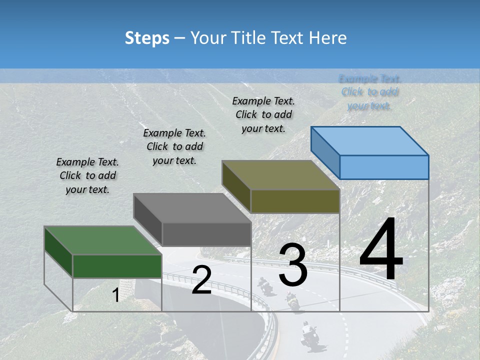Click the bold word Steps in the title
[x=147, y=38]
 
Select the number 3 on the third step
[x=293, y=264]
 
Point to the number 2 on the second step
[x=201, y=279]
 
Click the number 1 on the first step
[x=116, y=295]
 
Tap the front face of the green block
[x=117, y=266]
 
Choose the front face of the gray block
[x=206, y=234]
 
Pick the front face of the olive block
[x=295, y=201]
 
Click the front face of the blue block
[x=384, y=167]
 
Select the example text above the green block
[x=87, y=176]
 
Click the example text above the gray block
[x=174, y=146]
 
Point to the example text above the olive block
[x=263, y=114]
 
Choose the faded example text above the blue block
[x=370, y=92]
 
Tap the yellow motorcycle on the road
[x=291, y=301]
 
